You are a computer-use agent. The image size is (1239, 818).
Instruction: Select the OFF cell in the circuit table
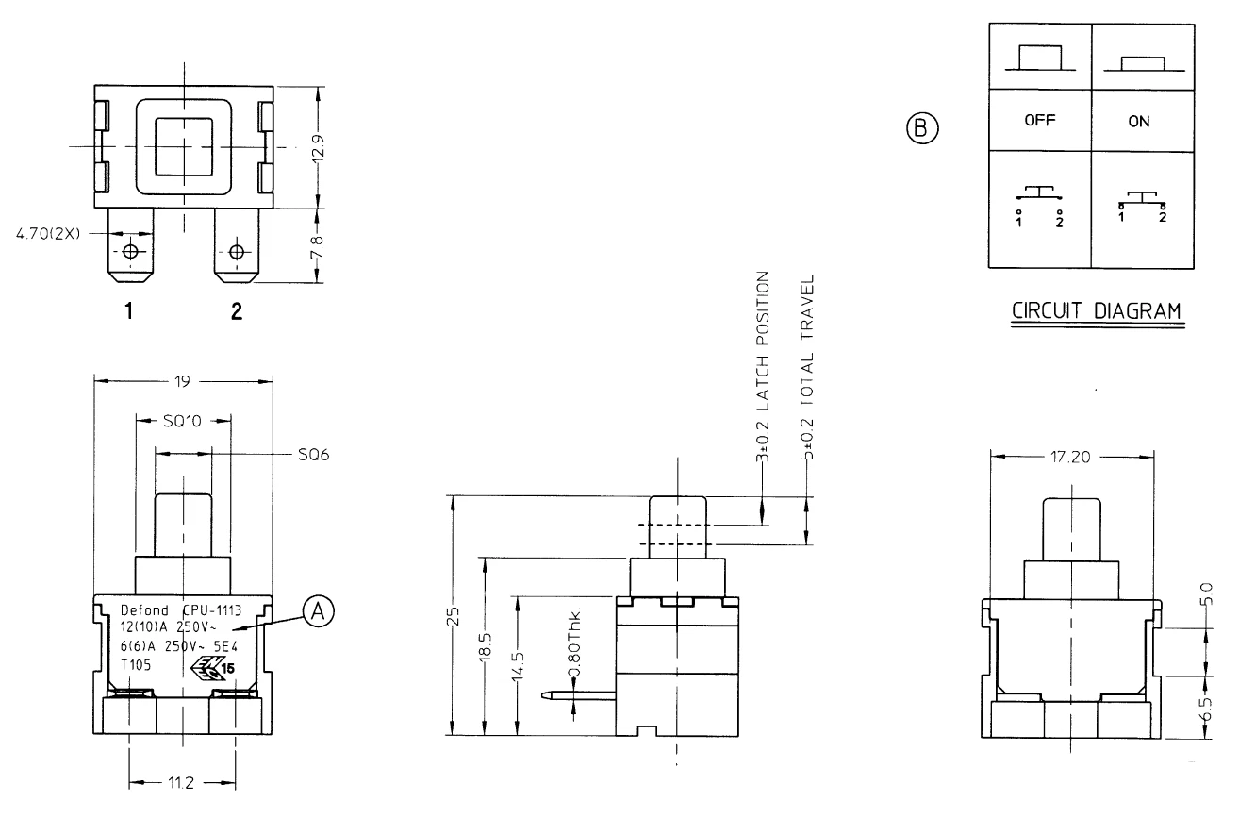(1039, 121)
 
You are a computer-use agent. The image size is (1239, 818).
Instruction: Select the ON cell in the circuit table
(1137, 121)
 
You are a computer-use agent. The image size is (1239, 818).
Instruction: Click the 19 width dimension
(183, 381)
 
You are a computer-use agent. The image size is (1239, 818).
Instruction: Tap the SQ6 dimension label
(301, 454)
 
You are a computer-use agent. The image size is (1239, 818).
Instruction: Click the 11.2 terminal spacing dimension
(183, 782)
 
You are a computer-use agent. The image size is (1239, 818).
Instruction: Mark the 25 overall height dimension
(454, 615)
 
